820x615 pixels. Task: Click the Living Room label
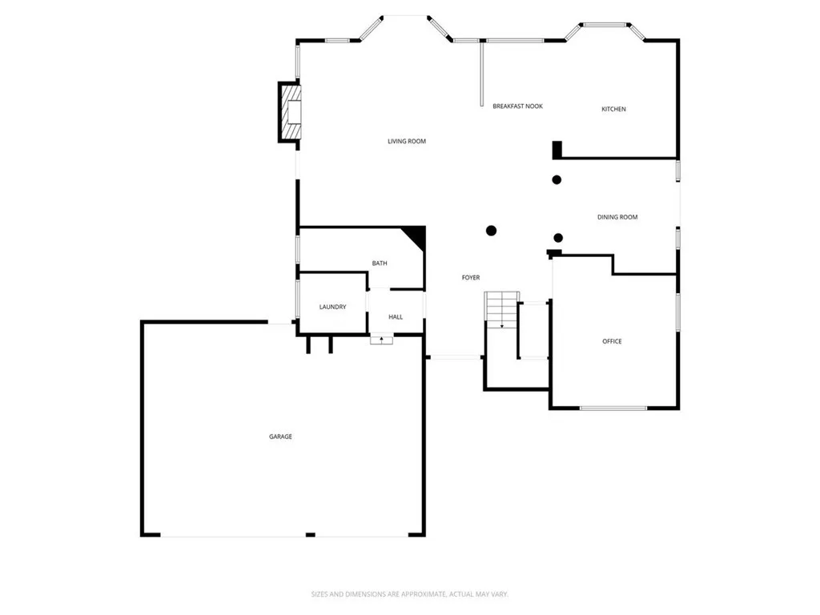(407, 142)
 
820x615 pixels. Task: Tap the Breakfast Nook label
(517, 106)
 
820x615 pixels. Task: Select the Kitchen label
(613, 109)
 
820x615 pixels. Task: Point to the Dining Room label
(617, 217)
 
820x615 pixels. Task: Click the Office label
(612, 341)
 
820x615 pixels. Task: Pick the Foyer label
(471, 278)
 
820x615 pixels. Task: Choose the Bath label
(380, 263)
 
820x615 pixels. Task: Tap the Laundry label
(332, 307)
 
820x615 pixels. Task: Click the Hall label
(396, 317)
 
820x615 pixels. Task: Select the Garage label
(280, 436)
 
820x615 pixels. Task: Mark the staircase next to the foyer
(501, 310)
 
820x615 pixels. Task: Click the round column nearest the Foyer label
(491, 231)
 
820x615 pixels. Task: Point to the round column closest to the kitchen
(557, 179)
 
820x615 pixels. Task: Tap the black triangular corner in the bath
(416, 235)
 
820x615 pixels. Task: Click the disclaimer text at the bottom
(409, 594)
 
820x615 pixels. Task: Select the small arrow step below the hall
(381, 340)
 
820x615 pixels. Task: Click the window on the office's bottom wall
(613, 408)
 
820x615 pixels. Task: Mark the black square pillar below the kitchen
(557, 150)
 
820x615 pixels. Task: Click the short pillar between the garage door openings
(310, 535)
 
